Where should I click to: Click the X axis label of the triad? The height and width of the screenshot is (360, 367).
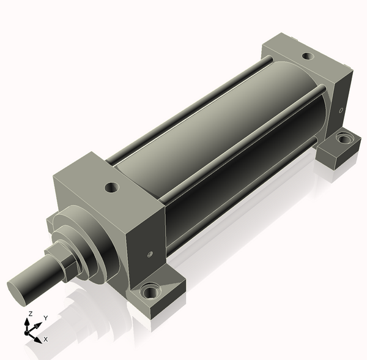point(46,339)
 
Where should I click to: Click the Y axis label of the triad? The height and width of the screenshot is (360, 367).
point(46,318)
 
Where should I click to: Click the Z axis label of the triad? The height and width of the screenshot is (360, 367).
point(31,313)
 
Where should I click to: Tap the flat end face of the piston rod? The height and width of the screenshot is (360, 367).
point(16,293)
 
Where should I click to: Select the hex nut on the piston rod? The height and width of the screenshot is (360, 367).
point(63,261)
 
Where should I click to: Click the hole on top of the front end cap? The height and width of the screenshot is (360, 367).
point(112,187)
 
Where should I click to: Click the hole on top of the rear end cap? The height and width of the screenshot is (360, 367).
point(308,56)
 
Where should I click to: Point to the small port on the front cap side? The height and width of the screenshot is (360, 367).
point(150,254)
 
